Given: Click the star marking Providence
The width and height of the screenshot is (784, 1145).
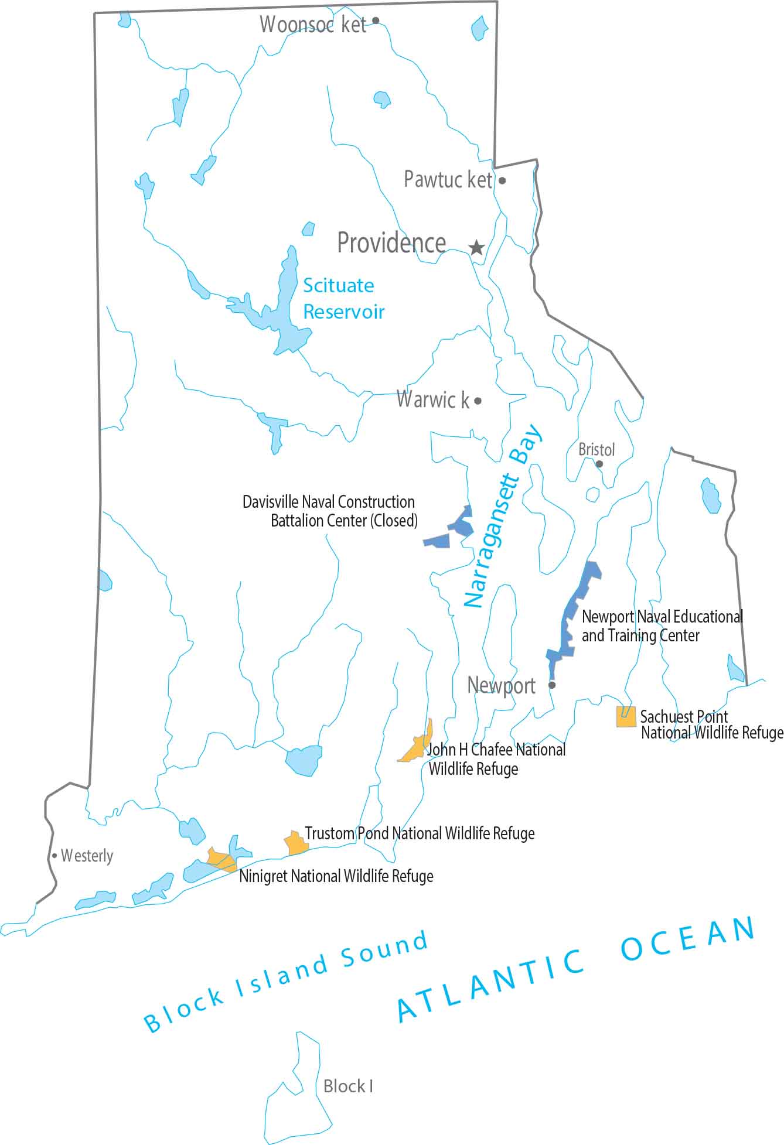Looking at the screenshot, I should click(x=477, y=248).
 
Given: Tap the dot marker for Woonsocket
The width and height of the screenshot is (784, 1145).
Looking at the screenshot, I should click(x=376, y=20).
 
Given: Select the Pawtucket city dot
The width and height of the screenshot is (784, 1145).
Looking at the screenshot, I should click(x=502, y=180).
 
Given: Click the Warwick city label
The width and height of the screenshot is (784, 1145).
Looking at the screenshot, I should click(x=433, y=399).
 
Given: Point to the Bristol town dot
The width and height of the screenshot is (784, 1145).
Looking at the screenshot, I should click(x=599, y=464).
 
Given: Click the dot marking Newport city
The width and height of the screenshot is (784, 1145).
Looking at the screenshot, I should click(x=551, y=685).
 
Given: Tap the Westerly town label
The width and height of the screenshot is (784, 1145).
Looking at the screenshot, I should click(x=87, y=856).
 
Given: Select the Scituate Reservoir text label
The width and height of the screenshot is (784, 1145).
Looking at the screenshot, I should click(x=343, y=298).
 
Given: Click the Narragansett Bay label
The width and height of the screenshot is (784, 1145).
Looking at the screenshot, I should click(x=503, y=517).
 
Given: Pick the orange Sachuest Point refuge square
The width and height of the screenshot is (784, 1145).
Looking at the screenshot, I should click(x=626, y=717).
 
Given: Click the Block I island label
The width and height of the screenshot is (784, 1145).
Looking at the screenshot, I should click(x=348, y=1086).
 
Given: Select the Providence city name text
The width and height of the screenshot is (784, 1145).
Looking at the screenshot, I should click(x=391, y=242).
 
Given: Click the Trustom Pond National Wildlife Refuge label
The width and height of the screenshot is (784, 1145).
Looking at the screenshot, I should click(x=420, y=833).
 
